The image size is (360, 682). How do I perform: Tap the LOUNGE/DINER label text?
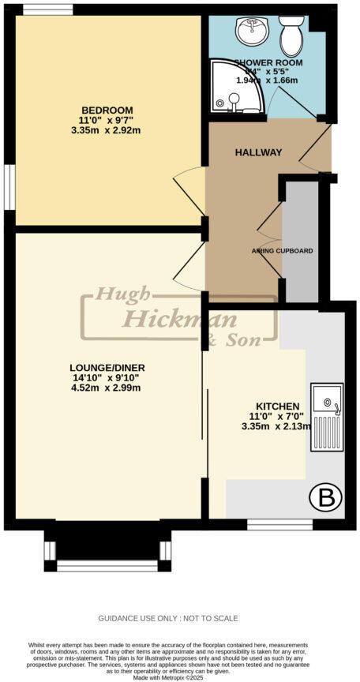pos(107,368)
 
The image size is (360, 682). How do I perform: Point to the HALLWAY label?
pos(257,152)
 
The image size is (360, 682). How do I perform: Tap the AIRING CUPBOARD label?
pos(282,251)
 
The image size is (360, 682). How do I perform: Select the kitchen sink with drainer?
pos(326,417)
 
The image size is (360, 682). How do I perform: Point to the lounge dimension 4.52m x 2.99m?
pos(107,388)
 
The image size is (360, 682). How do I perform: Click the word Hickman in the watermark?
pos(169,320)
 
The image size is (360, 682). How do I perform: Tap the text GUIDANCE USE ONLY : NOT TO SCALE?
pos(167,618)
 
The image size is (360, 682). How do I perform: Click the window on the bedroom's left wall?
pos(9,189)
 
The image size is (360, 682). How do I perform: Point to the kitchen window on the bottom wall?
pos(279,523)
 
